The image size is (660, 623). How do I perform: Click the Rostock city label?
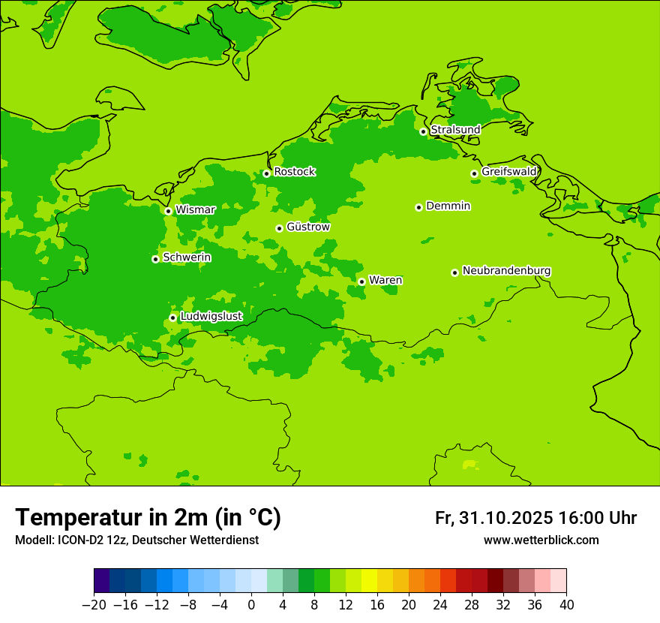pos(294,172)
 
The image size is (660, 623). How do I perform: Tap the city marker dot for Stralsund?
pos(423,131)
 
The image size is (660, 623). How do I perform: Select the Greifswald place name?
pos(509,172)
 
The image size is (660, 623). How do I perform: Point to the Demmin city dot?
pos(418,207)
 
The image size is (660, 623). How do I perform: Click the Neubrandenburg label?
pos(506,271)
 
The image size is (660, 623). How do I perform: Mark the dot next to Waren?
pos(361,281)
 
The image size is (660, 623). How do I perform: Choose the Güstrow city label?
pos(307,227)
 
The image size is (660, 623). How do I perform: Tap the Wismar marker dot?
pos(168,211)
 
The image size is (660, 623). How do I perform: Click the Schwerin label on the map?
pos(187,257)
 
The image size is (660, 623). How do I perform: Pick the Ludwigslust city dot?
pos(172,318)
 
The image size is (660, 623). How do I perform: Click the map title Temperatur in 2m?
pos(148,518)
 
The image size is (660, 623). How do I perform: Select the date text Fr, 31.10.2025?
pos(494,518)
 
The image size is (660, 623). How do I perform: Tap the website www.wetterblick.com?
pos(541,540)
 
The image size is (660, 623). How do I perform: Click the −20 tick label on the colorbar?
pos(94,605)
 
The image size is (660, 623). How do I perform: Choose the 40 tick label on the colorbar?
pos(566,605)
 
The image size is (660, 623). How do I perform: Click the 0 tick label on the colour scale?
pos(251,605)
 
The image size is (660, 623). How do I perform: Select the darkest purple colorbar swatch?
pos(101,582)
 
